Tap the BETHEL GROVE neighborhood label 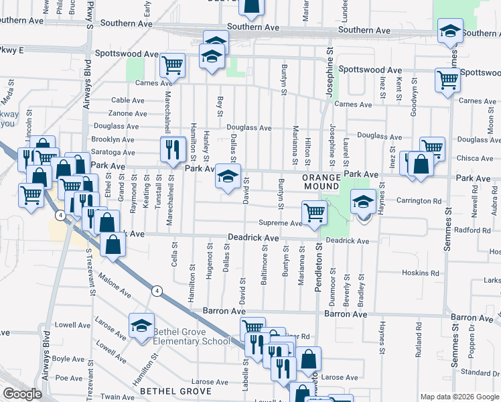(175, 391)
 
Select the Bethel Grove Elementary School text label (191, 336)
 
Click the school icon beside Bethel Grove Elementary (141, 326)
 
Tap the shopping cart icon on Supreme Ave (314, 212)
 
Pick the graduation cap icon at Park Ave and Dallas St (228, 177)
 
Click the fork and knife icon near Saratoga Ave (173, 149)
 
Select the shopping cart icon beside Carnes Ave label (172, 66)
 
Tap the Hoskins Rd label (421, 273)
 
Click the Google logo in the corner (22, 394)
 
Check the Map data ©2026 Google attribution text (459, 397)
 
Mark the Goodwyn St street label (413, 102)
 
